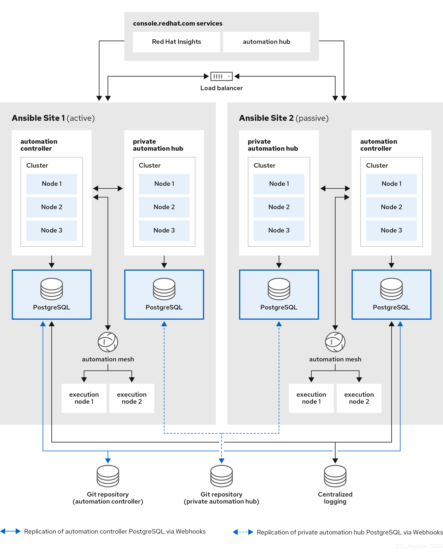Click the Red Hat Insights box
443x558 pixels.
coord(176,42)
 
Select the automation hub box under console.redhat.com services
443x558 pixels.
coord(266,42)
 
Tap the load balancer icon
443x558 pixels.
coord(221,76)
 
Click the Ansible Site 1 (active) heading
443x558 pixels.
coord(53,118)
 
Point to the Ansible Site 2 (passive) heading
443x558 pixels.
coord(284,118)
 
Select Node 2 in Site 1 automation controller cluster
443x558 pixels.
coord(52,207)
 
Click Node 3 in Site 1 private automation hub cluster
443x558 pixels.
coord(164,231)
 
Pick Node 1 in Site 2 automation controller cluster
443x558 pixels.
coord(391,184)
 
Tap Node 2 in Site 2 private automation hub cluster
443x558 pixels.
coord(279,207)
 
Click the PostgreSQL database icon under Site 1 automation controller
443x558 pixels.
coord(52,289)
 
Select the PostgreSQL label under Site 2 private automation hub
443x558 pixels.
coord(279,307)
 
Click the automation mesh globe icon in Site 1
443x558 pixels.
coord(108,342)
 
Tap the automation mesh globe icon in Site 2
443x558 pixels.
coord(335,342)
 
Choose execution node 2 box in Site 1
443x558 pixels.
coord(132,398)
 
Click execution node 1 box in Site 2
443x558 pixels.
coord(311,398)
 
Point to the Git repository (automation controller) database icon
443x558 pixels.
coord(108,476)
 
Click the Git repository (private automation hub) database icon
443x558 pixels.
coord(221,476)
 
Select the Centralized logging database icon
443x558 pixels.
coord(335,476)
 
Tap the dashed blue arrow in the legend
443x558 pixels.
coord(243,532)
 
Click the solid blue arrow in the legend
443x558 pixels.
coord(10,531)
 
